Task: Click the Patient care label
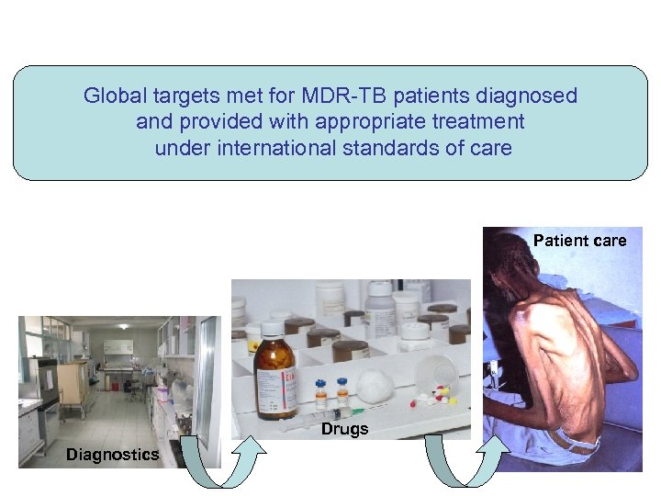tap(579, 241)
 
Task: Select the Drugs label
tap(344, 429)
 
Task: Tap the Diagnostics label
tap(112, 455)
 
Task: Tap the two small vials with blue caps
tap(331, 391)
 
